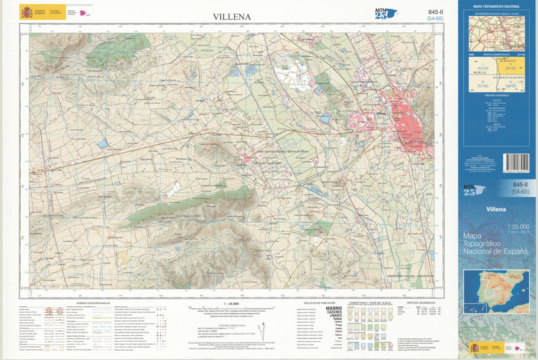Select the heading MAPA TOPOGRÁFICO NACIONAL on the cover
[496, 7]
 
